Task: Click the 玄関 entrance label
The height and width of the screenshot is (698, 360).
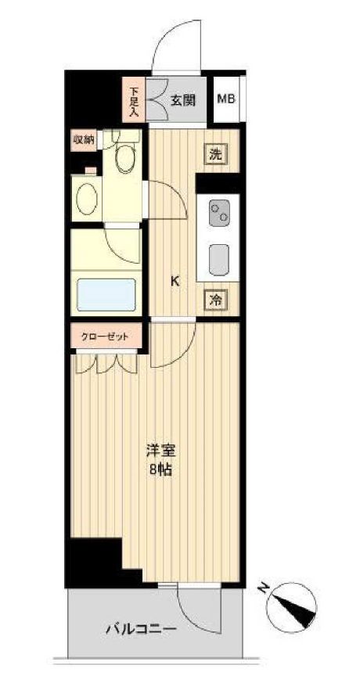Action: (x=183, y=100)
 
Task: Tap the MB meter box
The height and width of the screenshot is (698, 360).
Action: (x=226, y=99)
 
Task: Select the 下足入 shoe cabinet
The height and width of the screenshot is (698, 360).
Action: (x=133, y=100)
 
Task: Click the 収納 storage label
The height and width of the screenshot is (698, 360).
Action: (x=84, y=141)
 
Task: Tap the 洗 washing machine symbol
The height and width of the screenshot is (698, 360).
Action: (x=215, y=154)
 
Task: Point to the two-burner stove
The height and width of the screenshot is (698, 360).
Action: (x=218, y=211)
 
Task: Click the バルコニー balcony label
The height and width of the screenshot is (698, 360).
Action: (x=141, y=628)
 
